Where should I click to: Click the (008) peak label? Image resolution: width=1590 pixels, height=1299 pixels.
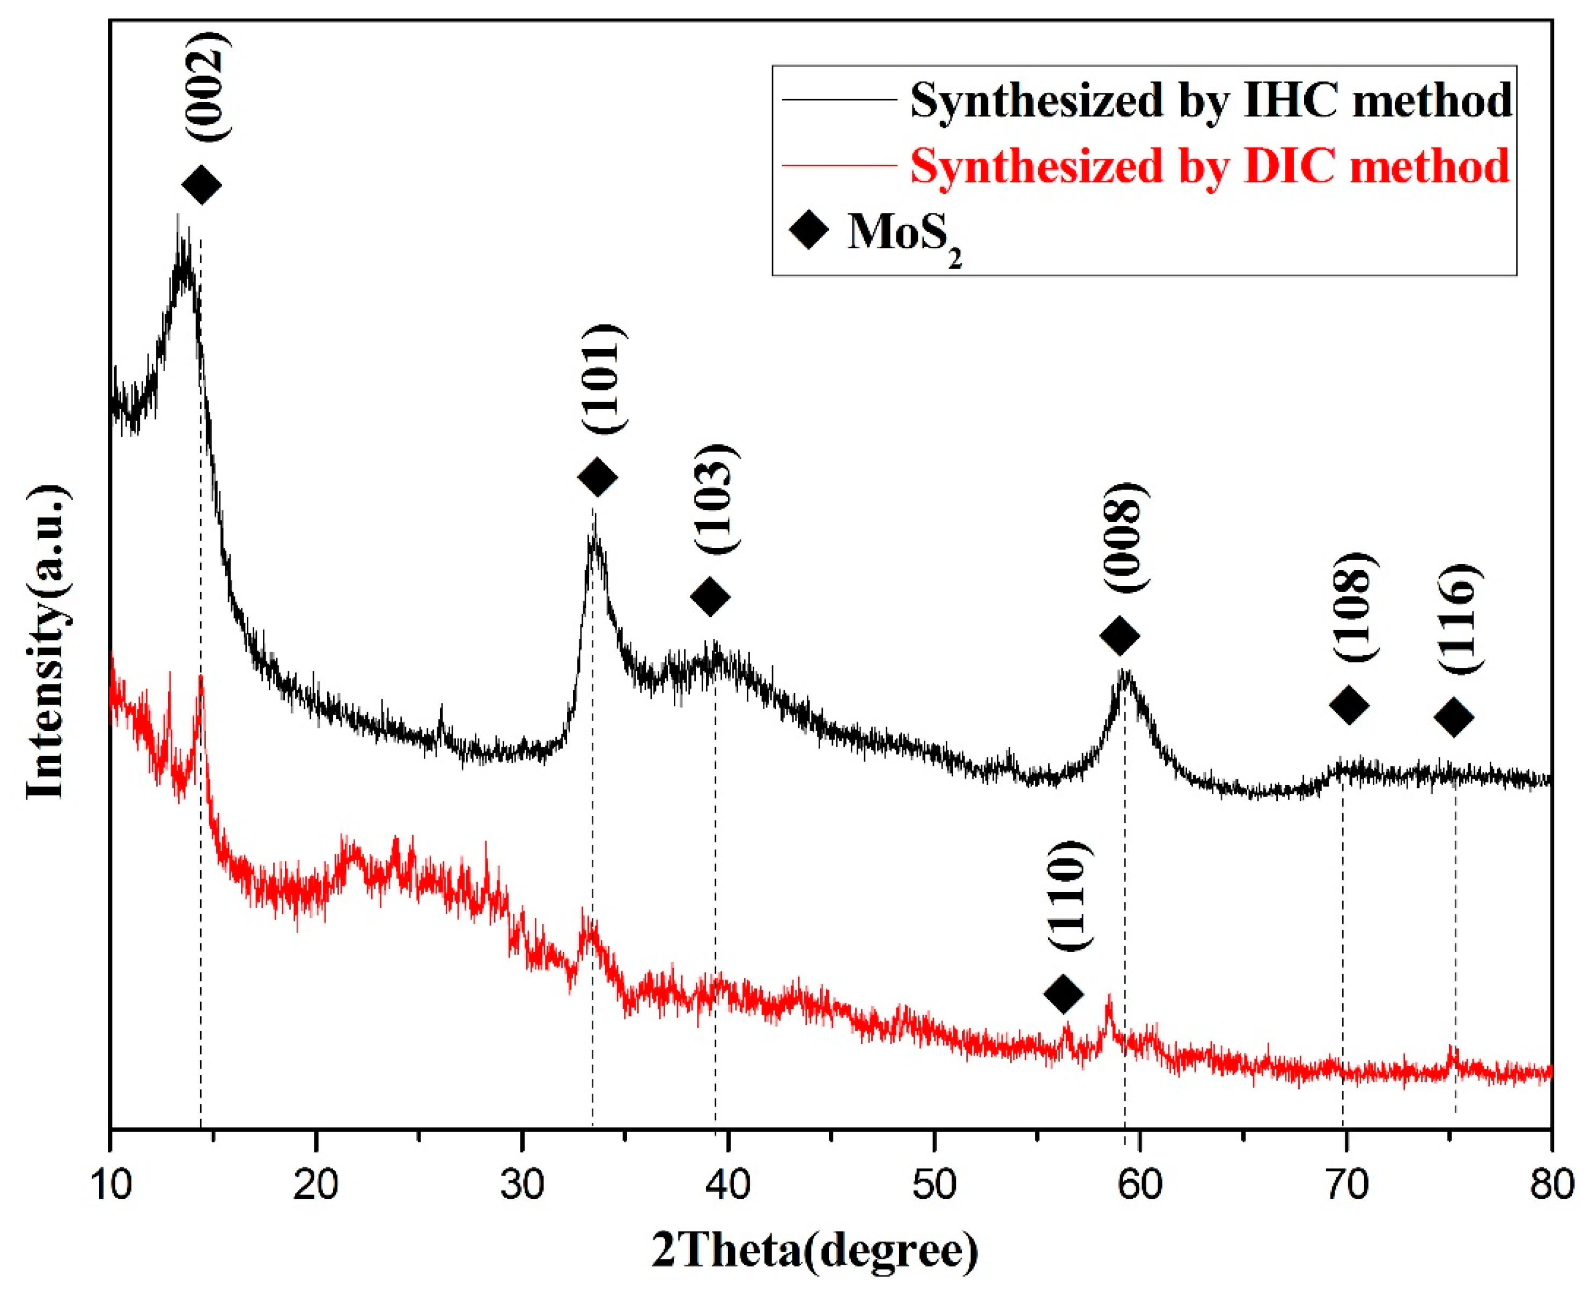(1124, 537)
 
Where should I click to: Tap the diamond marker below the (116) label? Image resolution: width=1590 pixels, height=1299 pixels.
(1454, 717)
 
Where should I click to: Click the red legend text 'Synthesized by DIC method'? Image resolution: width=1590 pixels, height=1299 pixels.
(1209, 165)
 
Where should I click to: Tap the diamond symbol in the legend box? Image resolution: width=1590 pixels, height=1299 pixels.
(809, 229)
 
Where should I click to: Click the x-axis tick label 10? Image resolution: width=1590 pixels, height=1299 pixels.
(111, 1185)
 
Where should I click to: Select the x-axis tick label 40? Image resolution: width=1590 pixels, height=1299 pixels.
(728, 1185)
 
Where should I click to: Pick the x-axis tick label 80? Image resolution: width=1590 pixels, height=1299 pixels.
(1551, 1185)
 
